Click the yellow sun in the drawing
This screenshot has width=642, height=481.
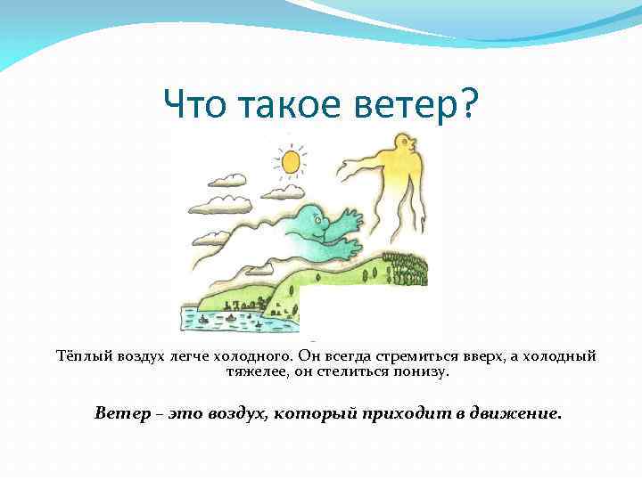[x=290, y=161]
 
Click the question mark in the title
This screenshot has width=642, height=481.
[x=467, y=107]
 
